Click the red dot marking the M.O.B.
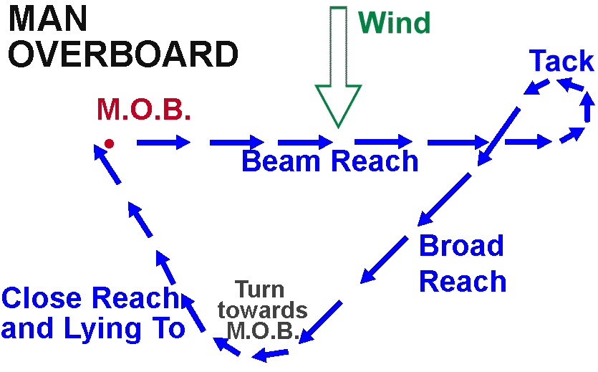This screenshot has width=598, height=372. click(x=110, y=143)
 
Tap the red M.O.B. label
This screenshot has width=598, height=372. click(x=144, y=110)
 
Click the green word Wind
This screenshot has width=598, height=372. click(x=395, y=23)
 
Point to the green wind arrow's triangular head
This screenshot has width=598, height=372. click(x=339, y=105)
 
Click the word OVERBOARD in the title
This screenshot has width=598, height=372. click(x=122, y=55)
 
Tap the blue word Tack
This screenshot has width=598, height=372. click(x=561, y=62)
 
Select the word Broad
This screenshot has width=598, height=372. click(x=461, y=246)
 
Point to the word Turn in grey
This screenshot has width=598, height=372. click(x=260, y=290)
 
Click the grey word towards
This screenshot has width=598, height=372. click(x=263, y=310)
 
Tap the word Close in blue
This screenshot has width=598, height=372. click(x=47, y=298)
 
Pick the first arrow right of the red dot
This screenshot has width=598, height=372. click(x=163, y=143)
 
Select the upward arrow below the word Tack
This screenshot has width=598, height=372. click(x=587, y=108)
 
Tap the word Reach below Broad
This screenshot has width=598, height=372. click(x=463, y=281)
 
